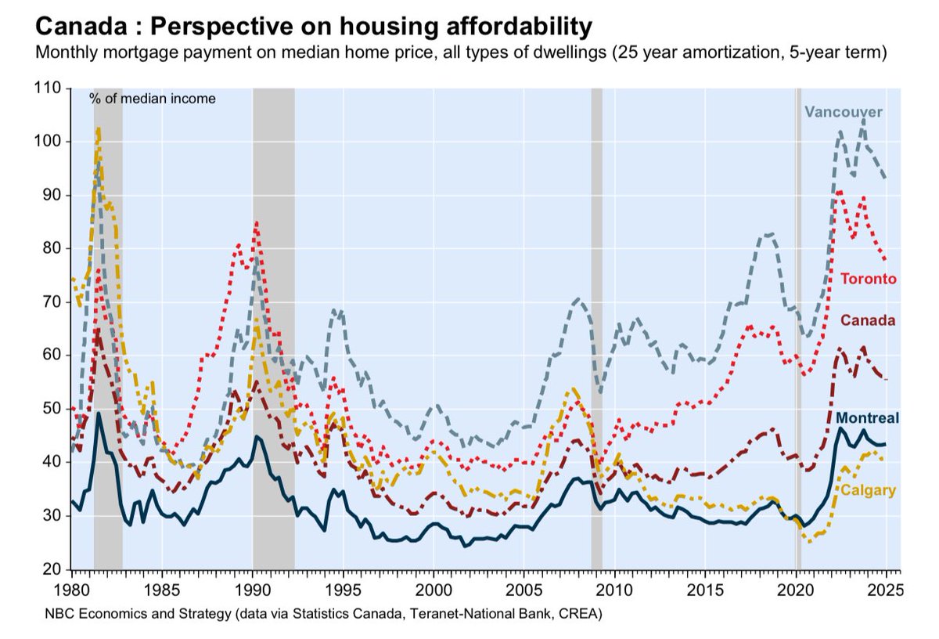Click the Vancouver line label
(844, 112)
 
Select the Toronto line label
(868, 279)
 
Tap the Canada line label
(868, 320)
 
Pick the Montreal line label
(867, 418)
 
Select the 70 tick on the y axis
(52, 301)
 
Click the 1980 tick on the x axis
(71, 587)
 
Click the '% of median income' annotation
(152, 99)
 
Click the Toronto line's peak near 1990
(256, 222)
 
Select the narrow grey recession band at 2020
(798, 329)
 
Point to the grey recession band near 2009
(596, 329)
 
